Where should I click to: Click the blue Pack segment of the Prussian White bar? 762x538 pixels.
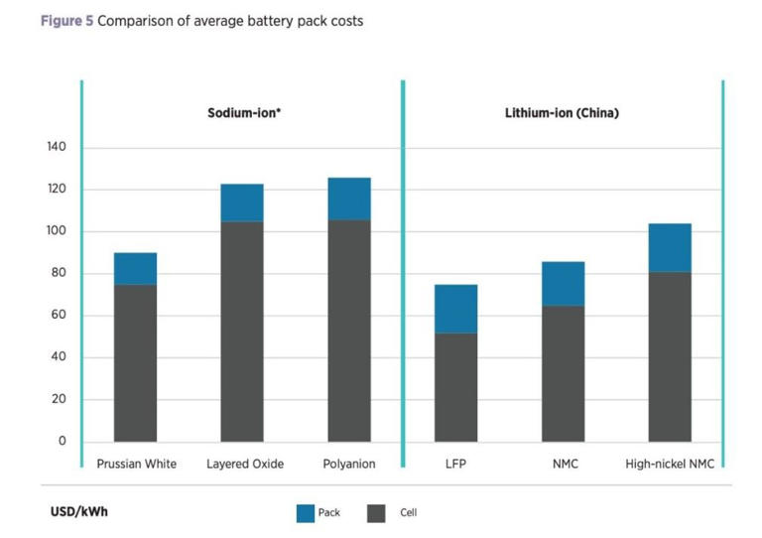pyautogui.click(x=135, y=268)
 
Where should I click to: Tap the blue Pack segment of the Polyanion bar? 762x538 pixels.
pyautogui.click(x=349, y=199)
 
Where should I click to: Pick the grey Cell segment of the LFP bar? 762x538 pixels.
pyautogui.click(x=456, y=387)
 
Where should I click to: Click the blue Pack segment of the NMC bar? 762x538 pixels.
pyautogui.click(x=563, y=283)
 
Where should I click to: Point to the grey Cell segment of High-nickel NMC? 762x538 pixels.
pyautogui.click(x=670, y=356)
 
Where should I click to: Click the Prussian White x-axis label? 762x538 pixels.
pyautogui.click(x=136, y=464)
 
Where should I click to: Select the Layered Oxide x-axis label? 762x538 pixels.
pyautogui.click(x=245, y=464)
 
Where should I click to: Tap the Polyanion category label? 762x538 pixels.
pyautogui.click(x=349, y=464)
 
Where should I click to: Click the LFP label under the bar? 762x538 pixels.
pyautogui.click(x=456, y=464)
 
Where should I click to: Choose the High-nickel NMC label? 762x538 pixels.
pyautogui.click(x=670, y=464)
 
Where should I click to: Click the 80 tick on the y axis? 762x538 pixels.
pyautogui.click(x=58, y=274)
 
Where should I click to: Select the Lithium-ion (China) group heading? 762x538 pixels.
pyautogui.click(x=562, y=113)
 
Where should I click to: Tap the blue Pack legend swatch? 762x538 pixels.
pyautogui.click(x=305, y=513)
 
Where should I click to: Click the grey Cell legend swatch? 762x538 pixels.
pyautogui.click(x=376, y=513)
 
